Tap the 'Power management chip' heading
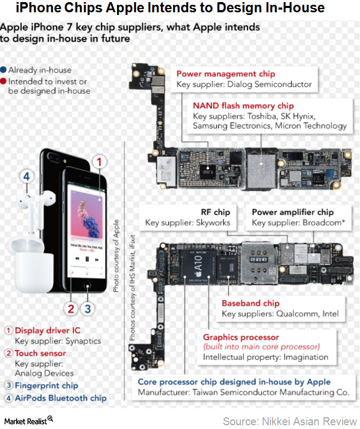click(x=226, y=74)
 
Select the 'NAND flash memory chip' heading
click(x=236, y=106)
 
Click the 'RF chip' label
click(x=215, y=212)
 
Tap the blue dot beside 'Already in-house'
click(x=4, y=70)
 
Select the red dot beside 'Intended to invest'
click(x=4, y=81)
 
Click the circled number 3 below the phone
click(x=88, y=308)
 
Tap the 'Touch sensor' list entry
click(x=40, y=353)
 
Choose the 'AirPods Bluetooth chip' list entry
click(x=60, y=397)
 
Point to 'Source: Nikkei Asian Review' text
click(x=289, y=420)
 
